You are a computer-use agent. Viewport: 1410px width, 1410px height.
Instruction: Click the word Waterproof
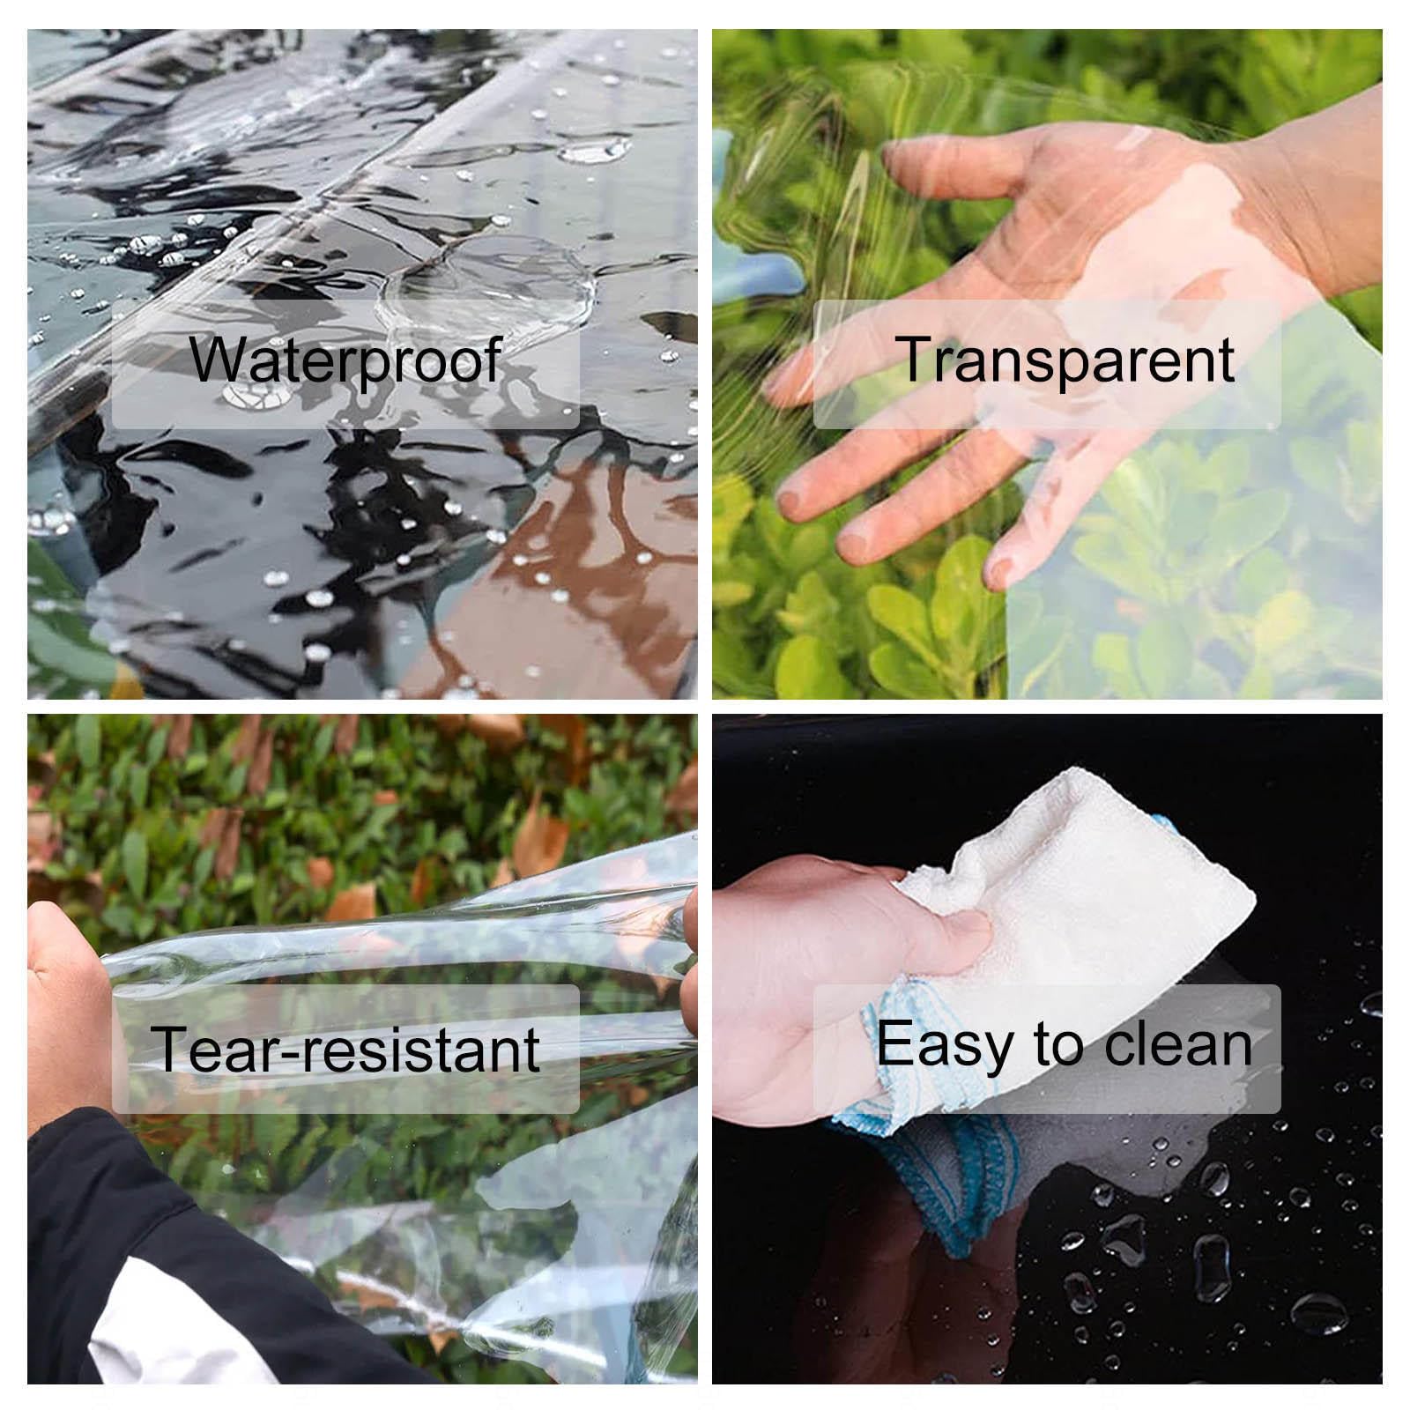point(345,360)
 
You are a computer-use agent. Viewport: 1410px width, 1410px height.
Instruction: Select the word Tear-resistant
point(345,1048)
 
